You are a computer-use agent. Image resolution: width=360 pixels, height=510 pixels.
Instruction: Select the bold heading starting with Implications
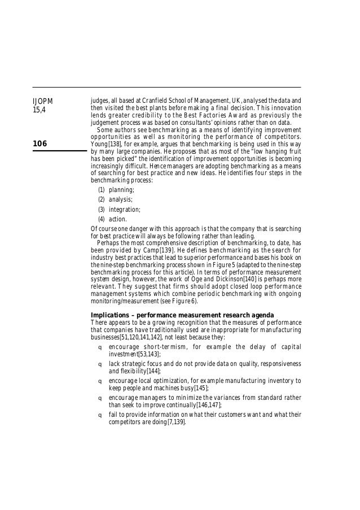[183, 314]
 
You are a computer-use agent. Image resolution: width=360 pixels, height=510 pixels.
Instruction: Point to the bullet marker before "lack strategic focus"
[100, 364]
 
